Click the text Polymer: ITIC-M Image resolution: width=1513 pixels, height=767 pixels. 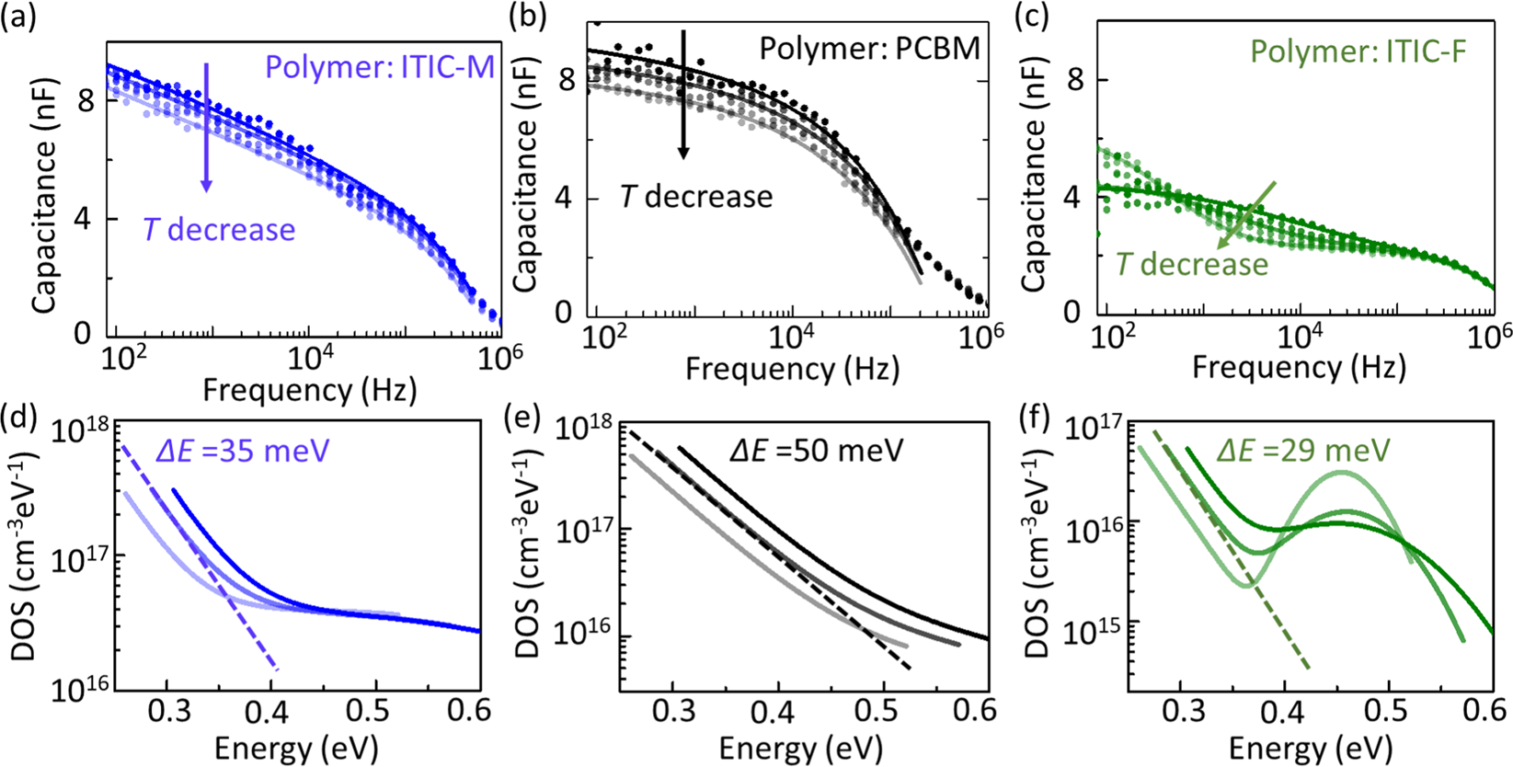[x=381, y=66]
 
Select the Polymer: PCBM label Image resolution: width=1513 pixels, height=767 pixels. [x=869, y=48]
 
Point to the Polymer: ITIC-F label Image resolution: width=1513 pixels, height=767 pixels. [x=1357, y=52]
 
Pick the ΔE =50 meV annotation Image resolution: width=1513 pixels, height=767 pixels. [x=816, y=450]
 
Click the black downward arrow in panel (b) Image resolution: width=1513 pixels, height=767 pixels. [x=682, y=92]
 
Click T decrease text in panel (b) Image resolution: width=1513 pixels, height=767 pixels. [x=695, y=196]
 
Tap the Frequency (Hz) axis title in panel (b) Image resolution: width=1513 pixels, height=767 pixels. [x=792, y=369]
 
